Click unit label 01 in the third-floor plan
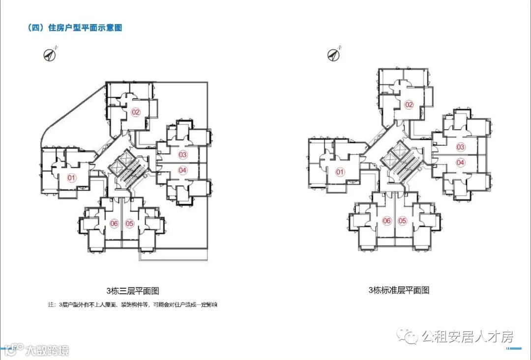[x=72, y=178]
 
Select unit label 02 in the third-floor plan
[x=136, y=112]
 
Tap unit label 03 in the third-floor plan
[x=183, y=155]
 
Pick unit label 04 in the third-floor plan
[x=183, y=171]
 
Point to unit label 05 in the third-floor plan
[x=130, y=224]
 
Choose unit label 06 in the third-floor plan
[x=114, y=224]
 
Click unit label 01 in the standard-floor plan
[x=340, y=172]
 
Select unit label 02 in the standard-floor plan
[x=409, y=105]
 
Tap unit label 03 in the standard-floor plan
[x=460, y=147]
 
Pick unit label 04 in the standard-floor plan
[x=460, y=163]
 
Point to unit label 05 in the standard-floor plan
[x=402, y=221]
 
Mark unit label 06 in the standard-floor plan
[x=387, y=221]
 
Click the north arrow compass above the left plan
[x=50, y=55]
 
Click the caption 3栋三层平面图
[x=133, y=291]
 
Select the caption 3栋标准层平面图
[x=399, y=290]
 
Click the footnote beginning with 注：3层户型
[x=133, y=305]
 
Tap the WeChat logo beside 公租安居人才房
[x=408, y=336]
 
